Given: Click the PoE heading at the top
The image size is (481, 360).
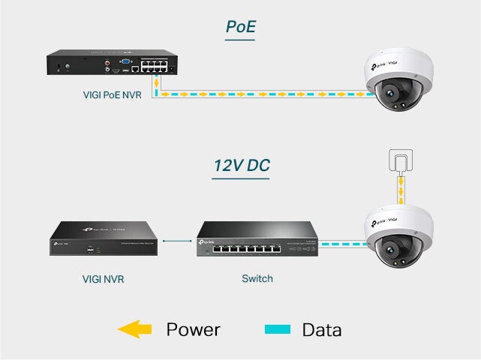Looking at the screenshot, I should click(x=240, y=28).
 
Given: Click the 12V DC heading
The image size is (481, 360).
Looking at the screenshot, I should click(x=240, y=165).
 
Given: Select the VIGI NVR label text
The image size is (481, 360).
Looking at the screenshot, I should click(x=103, y=279).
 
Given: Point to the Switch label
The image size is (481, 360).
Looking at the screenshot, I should click(x=257, y=279).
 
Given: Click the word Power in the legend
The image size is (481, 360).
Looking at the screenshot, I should click(x=193, y=329).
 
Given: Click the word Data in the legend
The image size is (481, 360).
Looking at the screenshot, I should click(x=321, y=329).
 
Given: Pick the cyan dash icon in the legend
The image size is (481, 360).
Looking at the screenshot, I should click(x=277, y=329).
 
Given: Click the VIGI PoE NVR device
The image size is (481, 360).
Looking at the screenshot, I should click(x=113, y=64).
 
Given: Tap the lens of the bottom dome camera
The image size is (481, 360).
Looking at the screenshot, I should click(x=391, y=248).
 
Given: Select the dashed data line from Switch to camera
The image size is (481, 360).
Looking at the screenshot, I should click(x=342, y=244).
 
